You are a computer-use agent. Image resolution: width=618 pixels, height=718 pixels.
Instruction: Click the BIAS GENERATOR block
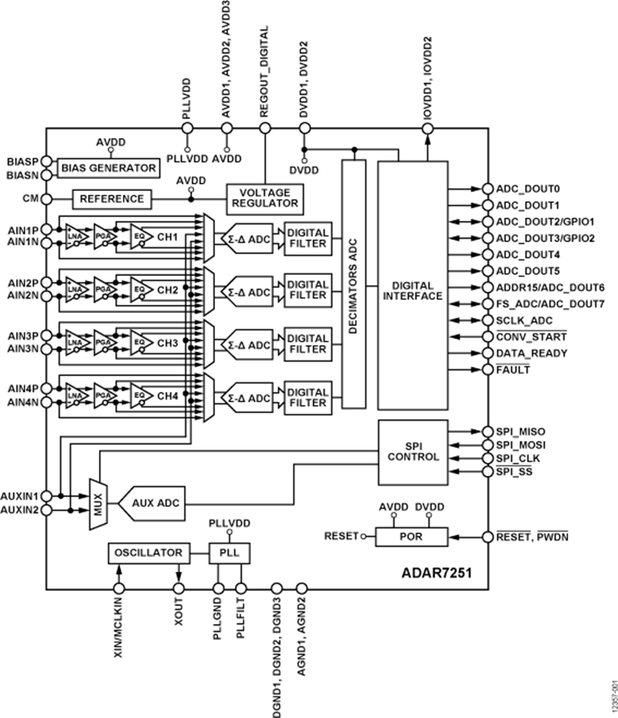(x=108, y=167)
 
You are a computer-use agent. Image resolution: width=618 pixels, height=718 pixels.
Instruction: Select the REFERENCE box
(x=112, y=199)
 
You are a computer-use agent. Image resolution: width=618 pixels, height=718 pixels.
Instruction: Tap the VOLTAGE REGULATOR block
(x=264, y=198)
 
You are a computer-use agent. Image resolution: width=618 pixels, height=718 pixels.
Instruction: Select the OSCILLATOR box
(x=149, y=553)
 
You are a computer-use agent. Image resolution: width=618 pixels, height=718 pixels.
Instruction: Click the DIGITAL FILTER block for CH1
(x=308, y=238)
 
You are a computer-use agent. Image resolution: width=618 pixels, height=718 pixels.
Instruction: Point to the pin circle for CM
(x=47, y=199)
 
